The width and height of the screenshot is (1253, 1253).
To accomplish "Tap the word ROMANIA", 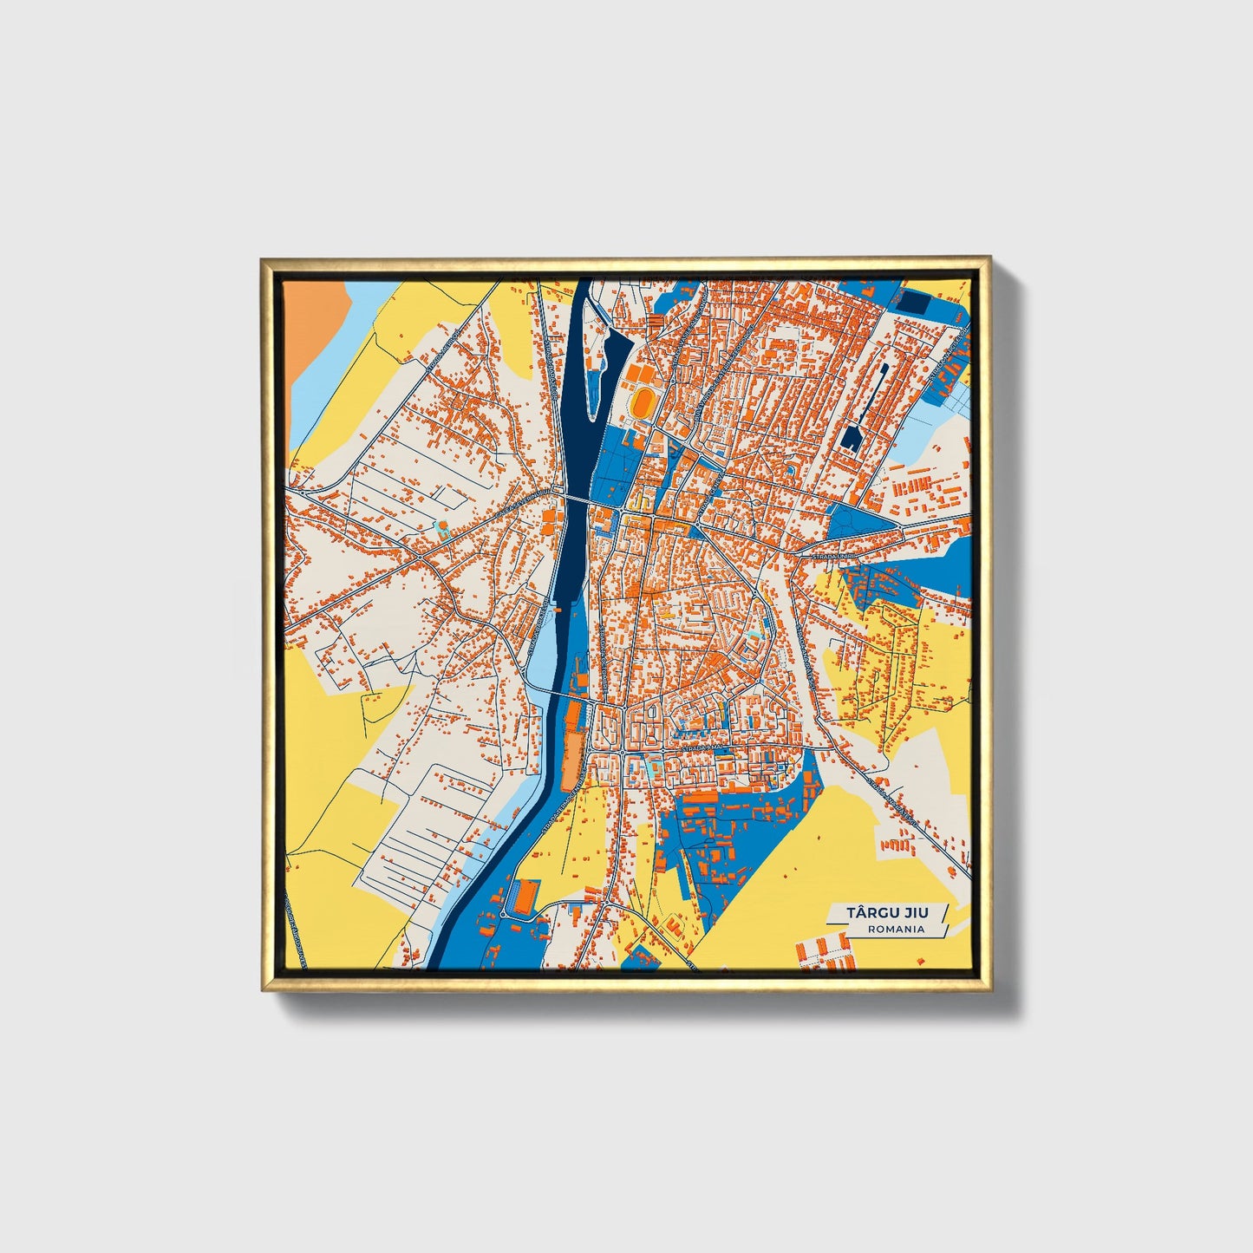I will [x=895, y=929].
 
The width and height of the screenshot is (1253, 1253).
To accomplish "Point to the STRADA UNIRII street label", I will [x=833, y=554].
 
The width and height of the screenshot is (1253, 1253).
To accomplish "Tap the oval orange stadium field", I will [x=643, y=402].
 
